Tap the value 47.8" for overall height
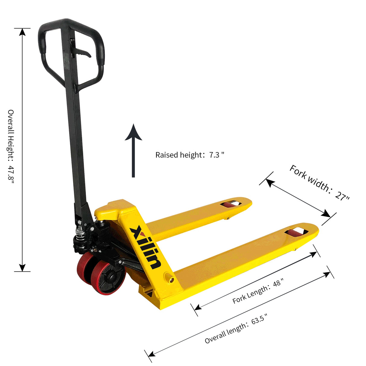[11, 174]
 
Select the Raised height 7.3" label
[190, 155]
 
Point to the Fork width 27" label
[319, 183]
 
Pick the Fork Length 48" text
[258, 291]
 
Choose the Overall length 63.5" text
[236, 328]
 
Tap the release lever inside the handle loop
[83, 53]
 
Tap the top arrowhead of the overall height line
[22, 32]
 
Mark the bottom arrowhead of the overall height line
[22, 268]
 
